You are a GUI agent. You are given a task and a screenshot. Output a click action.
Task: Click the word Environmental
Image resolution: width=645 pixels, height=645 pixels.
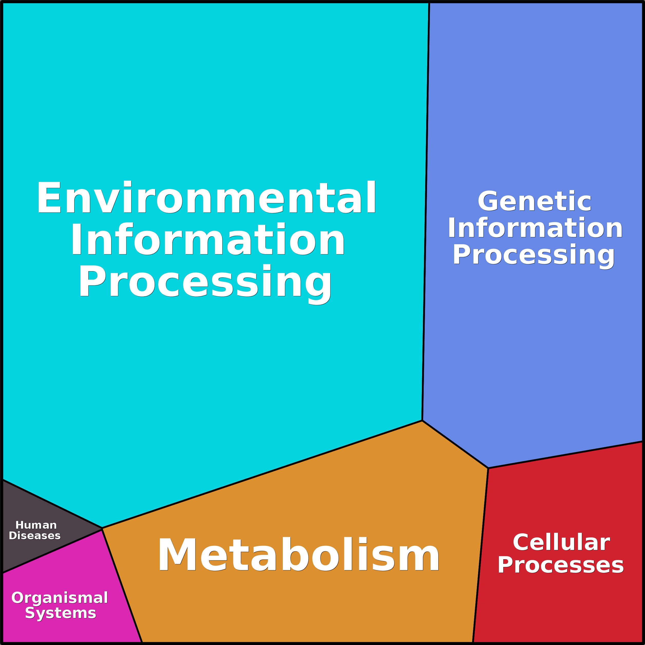[x=206, y=198]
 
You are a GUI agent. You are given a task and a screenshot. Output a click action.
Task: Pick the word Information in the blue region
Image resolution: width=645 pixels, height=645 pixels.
[x=535, y=228]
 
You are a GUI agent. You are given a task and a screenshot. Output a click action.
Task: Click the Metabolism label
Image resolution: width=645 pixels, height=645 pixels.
[x=298, y=555]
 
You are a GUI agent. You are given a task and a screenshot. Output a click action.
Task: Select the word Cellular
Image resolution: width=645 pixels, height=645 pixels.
[x=561, y=542]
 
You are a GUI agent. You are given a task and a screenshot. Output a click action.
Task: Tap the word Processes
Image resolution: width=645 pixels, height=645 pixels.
[x=561, y=565]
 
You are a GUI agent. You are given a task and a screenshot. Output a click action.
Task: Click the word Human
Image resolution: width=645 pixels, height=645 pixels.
[x=36, y=525]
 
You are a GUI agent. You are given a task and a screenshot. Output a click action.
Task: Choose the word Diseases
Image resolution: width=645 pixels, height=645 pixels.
[x=35, y=536]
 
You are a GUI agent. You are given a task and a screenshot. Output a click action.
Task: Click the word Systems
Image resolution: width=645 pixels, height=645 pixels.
[x=60, y=613]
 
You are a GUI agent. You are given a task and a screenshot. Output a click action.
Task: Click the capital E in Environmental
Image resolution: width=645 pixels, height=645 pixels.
[x=49, y=198]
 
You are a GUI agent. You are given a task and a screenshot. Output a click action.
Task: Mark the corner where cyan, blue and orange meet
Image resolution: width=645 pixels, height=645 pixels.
[x=422, y=421]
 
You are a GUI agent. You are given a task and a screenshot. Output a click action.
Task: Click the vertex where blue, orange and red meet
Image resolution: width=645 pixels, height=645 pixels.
[x=488, y=468]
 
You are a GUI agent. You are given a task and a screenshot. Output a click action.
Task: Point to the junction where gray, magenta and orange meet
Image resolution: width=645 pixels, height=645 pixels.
[x=102, y=528]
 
